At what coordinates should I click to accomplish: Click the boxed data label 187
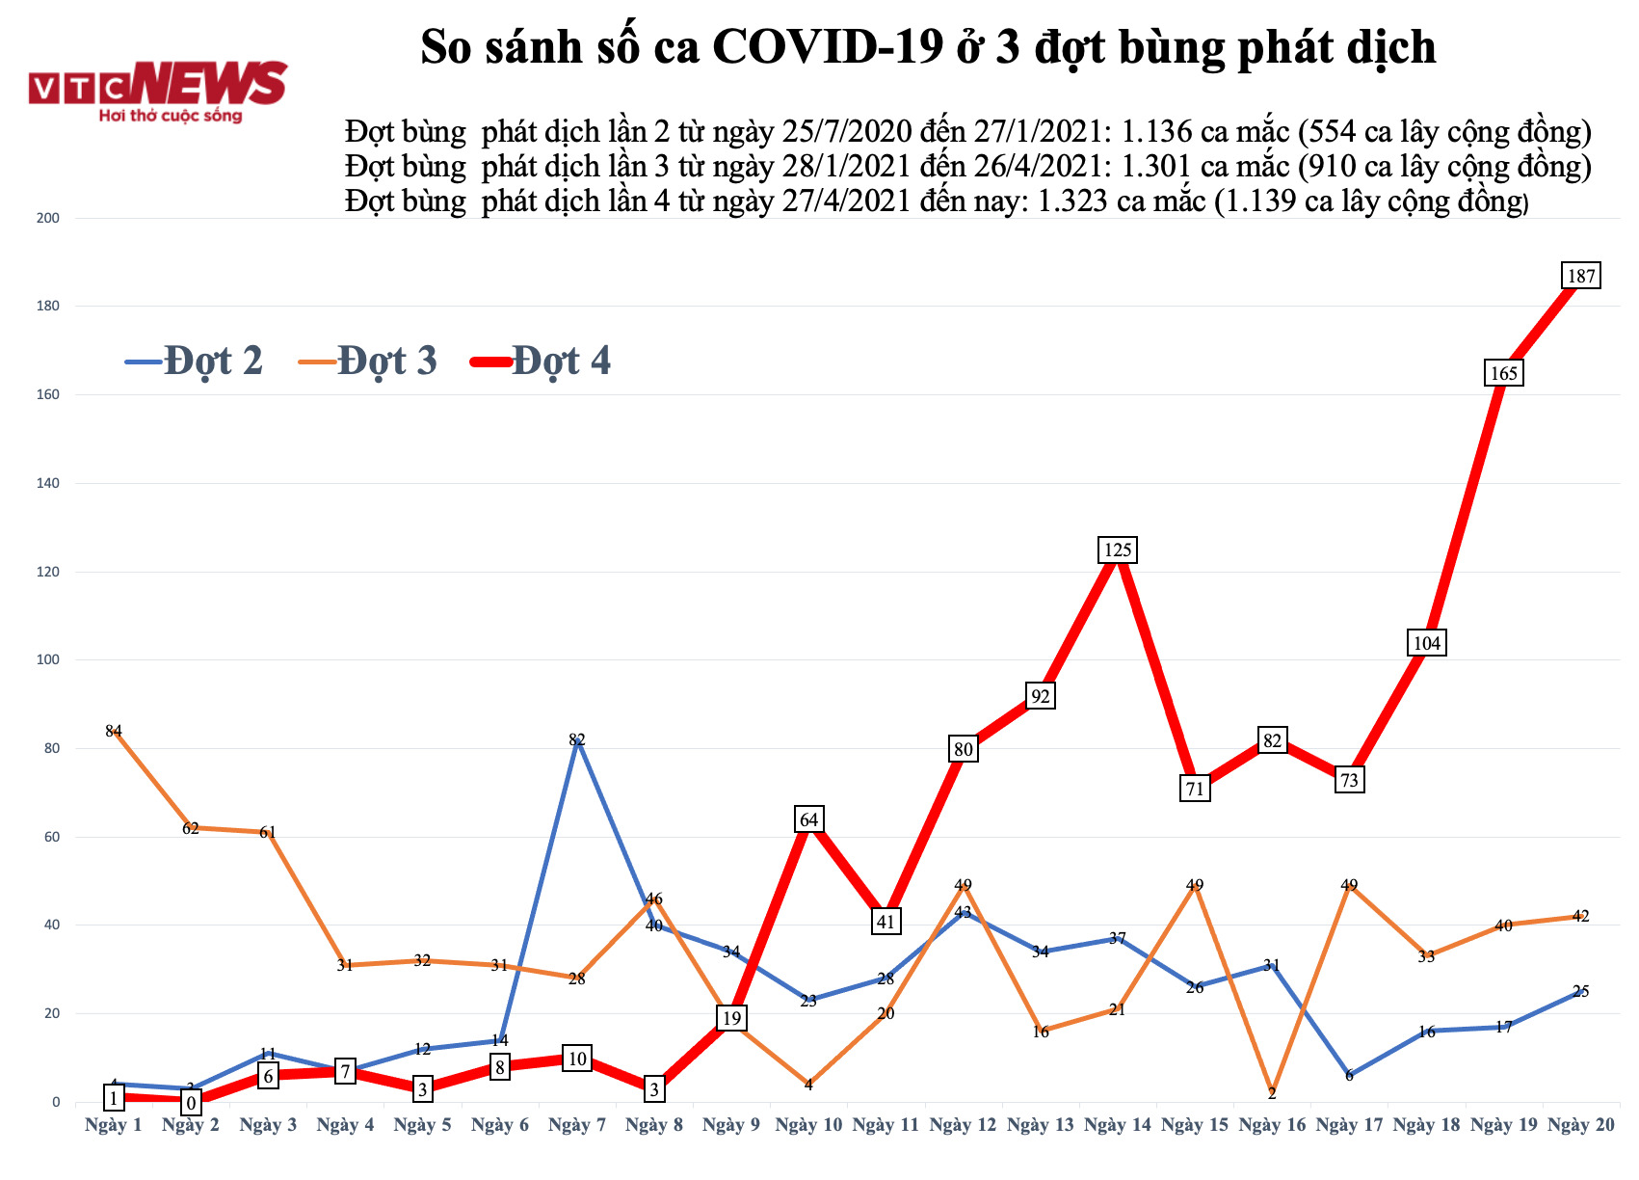1581,276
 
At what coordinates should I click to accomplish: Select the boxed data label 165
1503,373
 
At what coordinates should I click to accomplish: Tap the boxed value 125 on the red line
1117,550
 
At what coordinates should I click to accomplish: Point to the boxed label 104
1426,643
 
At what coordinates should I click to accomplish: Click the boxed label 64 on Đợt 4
808,820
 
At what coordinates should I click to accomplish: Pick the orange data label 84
114,731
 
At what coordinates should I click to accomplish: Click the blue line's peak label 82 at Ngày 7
576,740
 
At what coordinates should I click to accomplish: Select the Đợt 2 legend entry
196,361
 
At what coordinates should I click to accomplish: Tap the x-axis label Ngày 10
808,1125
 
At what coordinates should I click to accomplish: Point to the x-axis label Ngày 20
1580,1125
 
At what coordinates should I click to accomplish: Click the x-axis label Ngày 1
114,1125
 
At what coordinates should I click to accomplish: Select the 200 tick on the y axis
47,218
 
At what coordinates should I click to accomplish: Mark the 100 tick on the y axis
47,660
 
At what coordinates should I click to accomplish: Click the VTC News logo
158,93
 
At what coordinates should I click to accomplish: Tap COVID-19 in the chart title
827,46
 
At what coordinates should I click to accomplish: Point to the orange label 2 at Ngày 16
1272,1093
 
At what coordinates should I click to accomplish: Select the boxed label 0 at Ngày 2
191,1103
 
